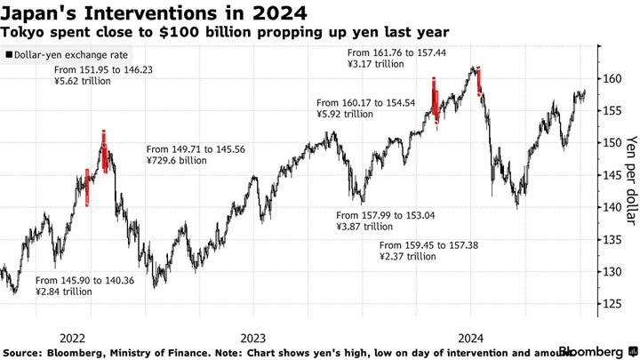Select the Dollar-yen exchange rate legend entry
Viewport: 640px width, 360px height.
coord(61,55)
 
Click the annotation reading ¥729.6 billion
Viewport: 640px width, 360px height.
coord(176,161)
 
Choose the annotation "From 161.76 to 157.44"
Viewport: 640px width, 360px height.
coord(400,51)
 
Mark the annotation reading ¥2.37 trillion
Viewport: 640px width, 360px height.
coord(408,256)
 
